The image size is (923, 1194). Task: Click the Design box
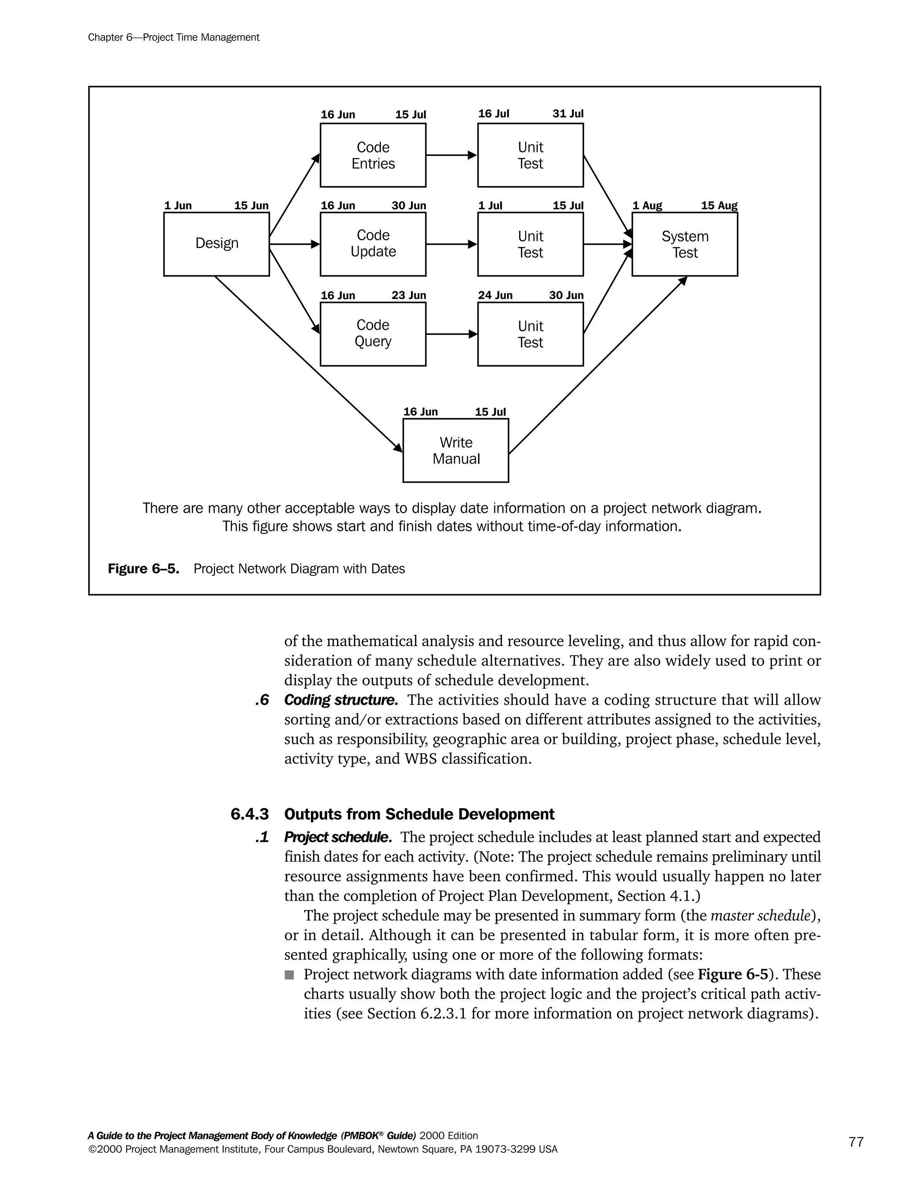pos(216,244)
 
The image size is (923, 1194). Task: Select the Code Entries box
pos(373,155)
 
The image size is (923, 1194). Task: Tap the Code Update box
pos(373,244)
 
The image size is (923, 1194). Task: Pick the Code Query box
pos(373,333)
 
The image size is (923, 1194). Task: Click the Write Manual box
pos(456,451)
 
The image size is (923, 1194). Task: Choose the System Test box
pos(685,244)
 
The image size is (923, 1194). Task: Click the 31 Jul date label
pos(567,114)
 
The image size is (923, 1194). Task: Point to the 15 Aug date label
pos(719,206)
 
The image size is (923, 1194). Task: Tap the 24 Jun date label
pos(495,296)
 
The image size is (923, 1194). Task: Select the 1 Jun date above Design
pos(178,206)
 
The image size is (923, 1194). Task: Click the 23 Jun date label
pos(408,296)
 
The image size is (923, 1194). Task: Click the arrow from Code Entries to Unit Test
pos(451,155)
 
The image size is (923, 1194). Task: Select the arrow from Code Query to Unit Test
pos(451,334)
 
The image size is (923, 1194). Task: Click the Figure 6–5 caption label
pos(143,569)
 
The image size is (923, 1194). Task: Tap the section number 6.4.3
pos(249,815)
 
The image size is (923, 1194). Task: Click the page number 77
pos(856,1142)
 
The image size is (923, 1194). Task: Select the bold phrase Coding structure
pos(341,700)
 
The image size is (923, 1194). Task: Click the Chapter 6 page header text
pos(174,38)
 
